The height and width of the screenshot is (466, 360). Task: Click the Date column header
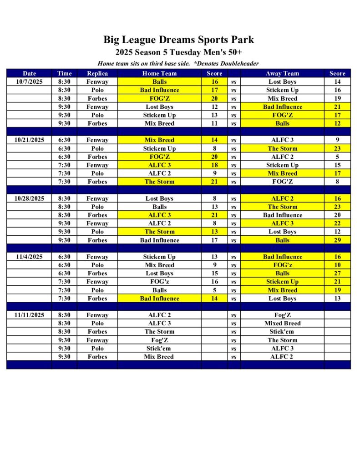pyautogui.click(x=29, y=73)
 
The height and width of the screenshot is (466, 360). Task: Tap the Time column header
pyautogui.click(x=65, y=73)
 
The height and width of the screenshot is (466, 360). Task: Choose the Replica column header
pyautogui.click(x=97, y=73)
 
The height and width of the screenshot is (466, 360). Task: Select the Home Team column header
pyautogui.click(x=159, y=73)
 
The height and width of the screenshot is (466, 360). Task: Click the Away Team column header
pyautogui.click(x=282, y=73)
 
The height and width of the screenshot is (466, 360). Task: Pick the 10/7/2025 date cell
pyautogui.click(x=29, y=82)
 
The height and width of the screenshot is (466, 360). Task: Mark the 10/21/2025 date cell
pyautogui.click(x=29, y=140)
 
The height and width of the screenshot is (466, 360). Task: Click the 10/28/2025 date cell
pyautogui.click(x=29, y=198)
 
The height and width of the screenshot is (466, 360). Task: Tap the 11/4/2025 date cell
pyautogui.click(x=29, y=257)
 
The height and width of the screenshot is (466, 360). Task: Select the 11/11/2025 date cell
pyautogui.click(x=29, y=315)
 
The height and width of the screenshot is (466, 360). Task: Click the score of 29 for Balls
pyautogui.click(x=337, y=240)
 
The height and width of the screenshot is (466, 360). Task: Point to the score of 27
pyautogui.click(x=337, y=274)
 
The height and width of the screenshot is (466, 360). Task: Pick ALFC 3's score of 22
pyautogui.click(x=337, y=223)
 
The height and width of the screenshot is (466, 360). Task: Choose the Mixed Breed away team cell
pyautogui.click(x=282, y=324)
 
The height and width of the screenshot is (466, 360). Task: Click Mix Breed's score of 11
pyautogui.click(x=214, y=123)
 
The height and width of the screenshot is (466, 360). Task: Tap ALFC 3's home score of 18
pyautogui.click(x=214, y=165)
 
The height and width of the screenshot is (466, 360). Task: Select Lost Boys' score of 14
pyautogui.click(x=337, y=82)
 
